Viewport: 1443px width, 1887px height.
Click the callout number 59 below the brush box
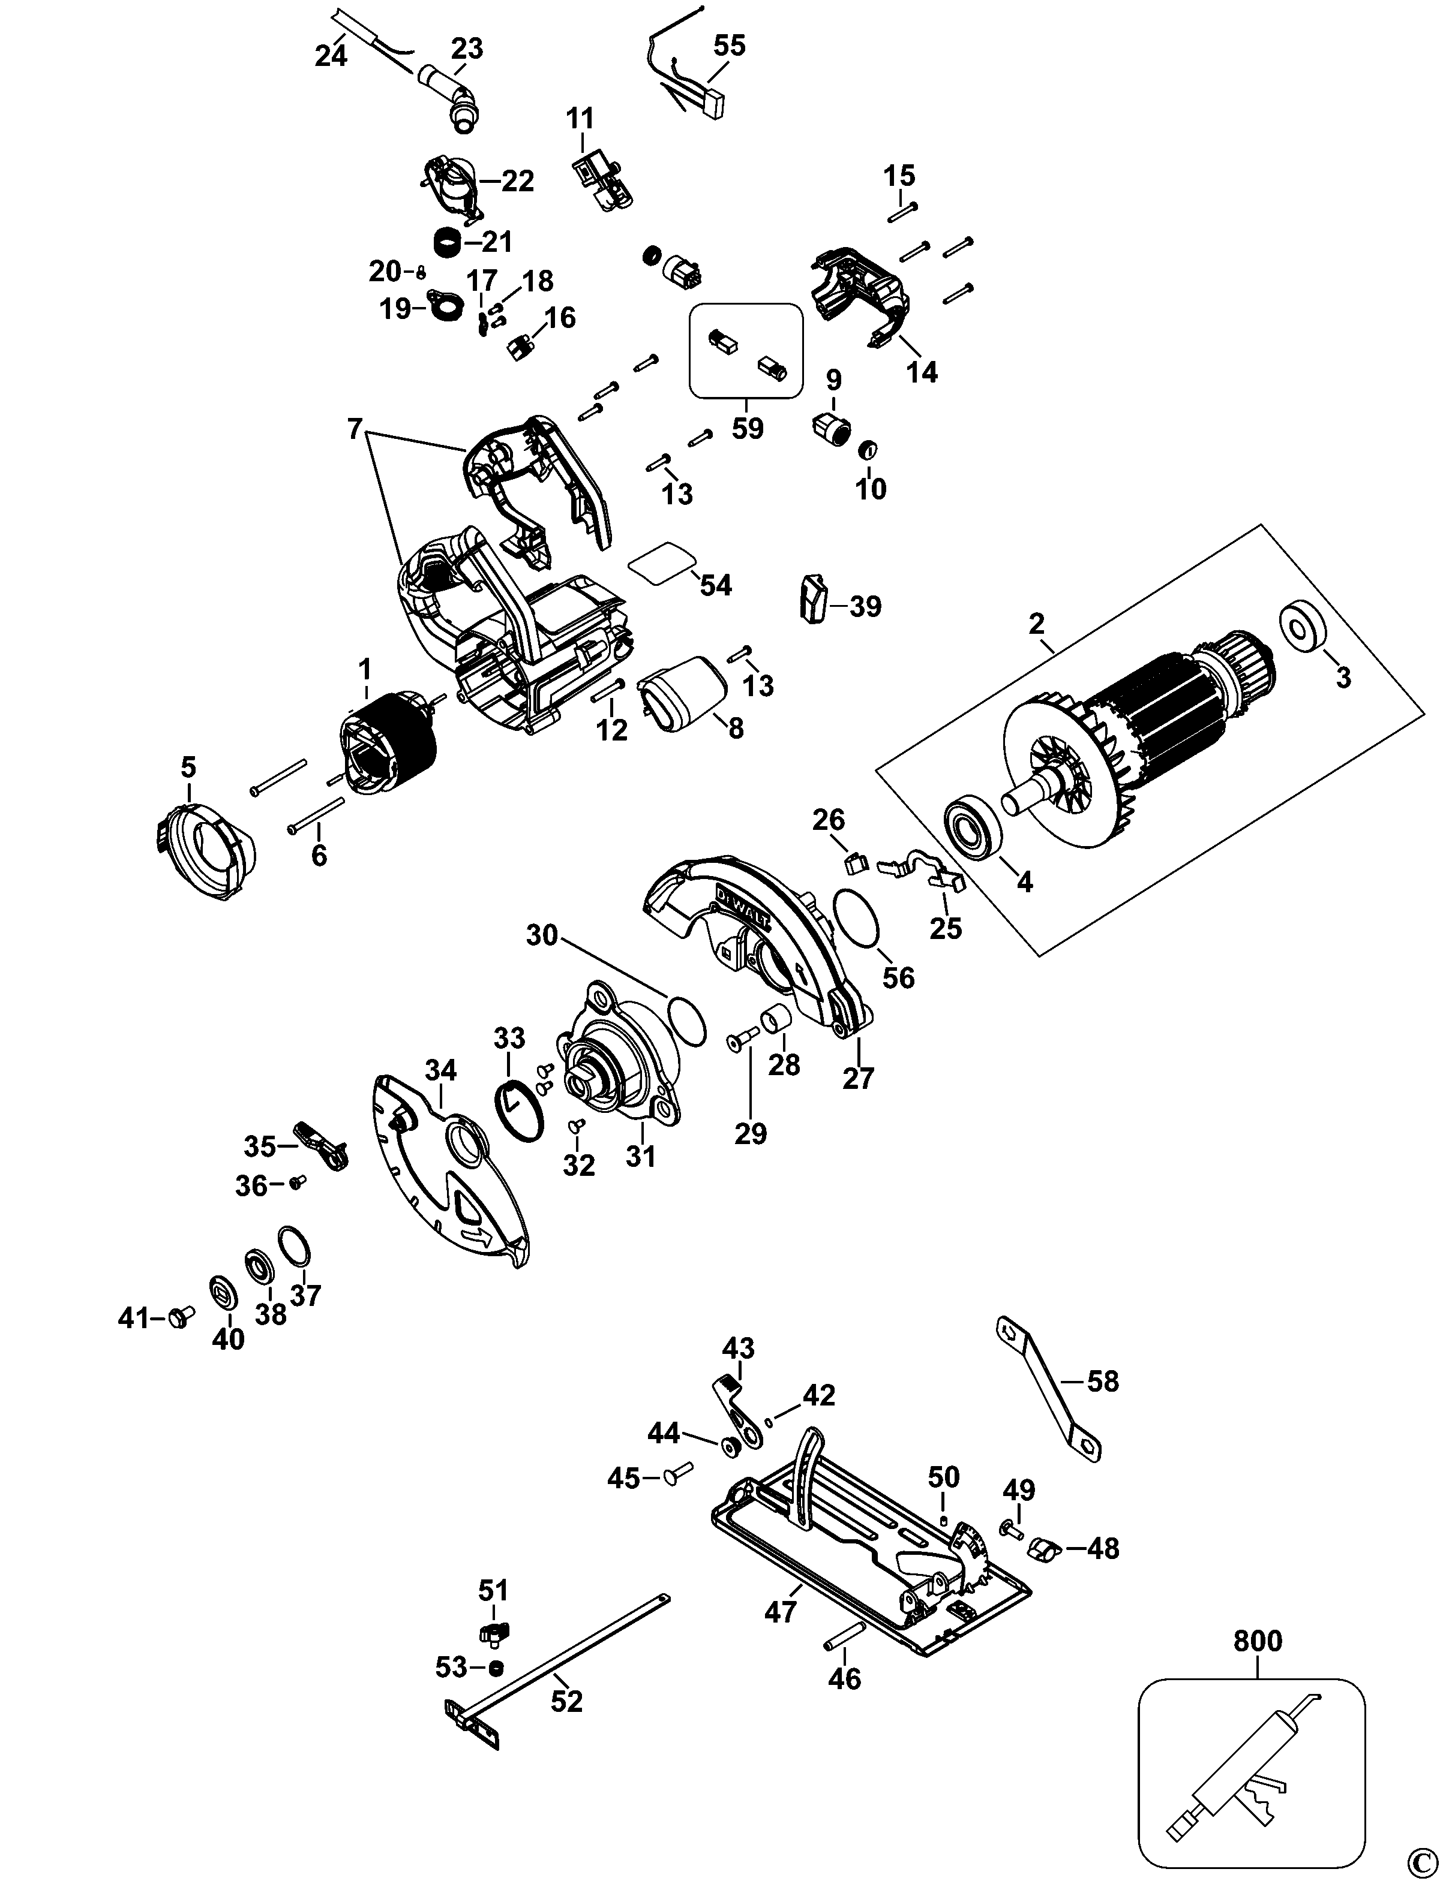pyautogui.click(x=747, y=427)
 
